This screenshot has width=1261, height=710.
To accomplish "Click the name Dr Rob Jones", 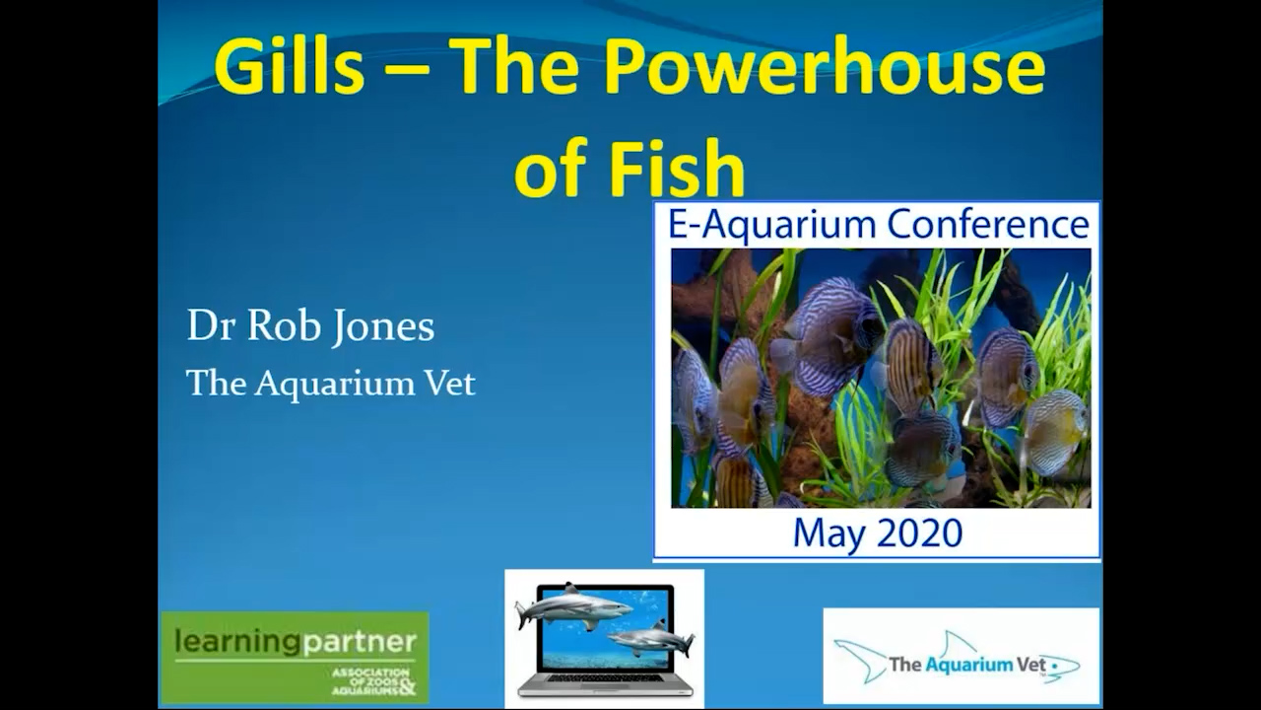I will [x=310, y=327].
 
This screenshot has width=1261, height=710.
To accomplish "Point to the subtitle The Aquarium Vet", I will [x=331, y=383].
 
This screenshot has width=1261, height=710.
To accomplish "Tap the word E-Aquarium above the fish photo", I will [x=772, y=225].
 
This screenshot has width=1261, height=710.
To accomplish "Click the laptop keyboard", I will [x=604, y=680].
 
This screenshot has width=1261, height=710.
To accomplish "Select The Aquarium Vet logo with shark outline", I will [x=960, y=657].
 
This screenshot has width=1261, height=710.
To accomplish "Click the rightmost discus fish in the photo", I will [x=1056, y=430].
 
